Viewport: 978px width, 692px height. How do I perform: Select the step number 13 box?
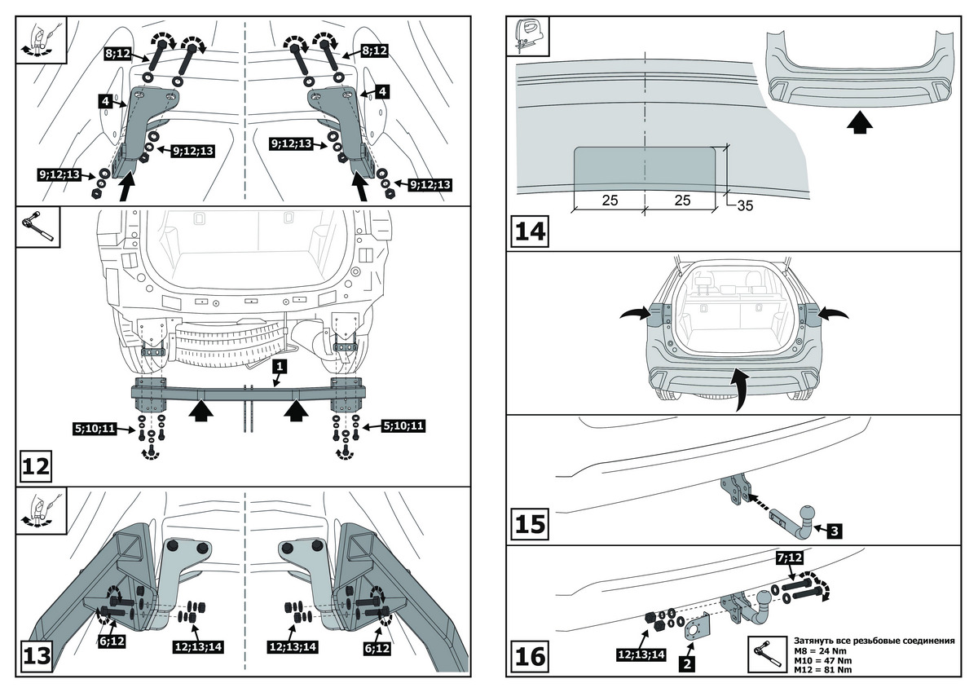tap(37, 655)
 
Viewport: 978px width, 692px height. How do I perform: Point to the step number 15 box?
tap(530, 521)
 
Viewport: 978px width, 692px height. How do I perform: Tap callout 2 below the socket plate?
tap(687, 664)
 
